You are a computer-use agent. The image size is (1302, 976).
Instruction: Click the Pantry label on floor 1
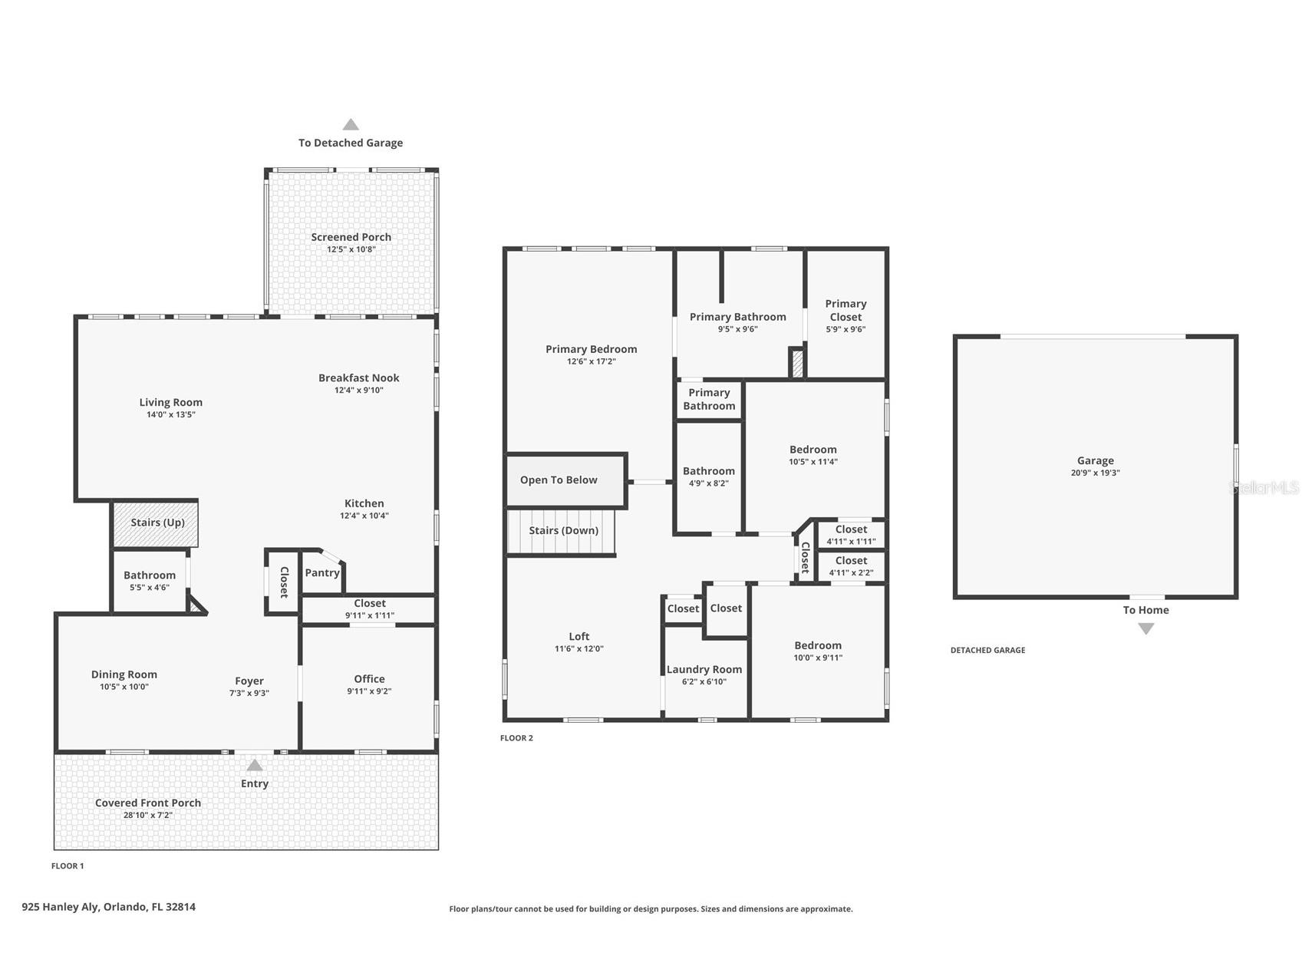pyautogui.click(x=322, y=572)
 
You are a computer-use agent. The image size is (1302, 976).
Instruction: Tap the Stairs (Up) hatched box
pyautogui.click(x=156, y=523)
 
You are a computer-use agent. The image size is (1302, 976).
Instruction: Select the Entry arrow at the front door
pyautogui.click(x=255, y=766)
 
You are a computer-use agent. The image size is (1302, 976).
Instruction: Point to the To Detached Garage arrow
pyautogui.click(x=351, y=124)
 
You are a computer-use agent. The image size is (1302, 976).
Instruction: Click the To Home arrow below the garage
pyautogui.click(x=1146, y=628)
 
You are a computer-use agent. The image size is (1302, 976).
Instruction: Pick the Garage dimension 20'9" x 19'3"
pyautogui.click(x=1096, y=473)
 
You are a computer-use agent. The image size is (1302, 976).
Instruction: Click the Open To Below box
pyautogui.click(x=566, y=480)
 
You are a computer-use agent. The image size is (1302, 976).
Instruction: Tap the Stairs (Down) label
pyautogui.click(x=564, y=530)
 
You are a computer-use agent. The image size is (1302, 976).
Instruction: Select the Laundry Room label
pyautogui.click(x=704, y=669)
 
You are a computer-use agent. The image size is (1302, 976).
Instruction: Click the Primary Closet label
pyautogui.click(x=845, y=310)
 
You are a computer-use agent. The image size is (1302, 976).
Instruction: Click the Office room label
pyautogui.click(x=369, y=678)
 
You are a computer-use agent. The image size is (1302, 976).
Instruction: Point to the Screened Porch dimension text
pyautogui.click(x=351, y=249)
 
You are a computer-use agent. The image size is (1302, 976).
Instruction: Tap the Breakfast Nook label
pyautogui.click(x=359, y=378)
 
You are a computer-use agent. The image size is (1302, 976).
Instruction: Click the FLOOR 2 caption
pyautogui.click(x=516, y=738)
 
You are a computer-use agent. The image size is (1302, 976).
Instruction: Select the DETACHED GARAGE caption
pyautogui.click(x=987, y=650)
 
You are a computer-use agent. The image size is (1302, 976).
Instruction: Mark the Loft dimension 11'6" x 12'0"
pyautogui.click(x=579, y=648)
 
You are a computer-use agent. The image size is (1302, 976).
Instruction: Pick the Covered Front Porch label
pyautogui.click(x=148, y=803)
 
